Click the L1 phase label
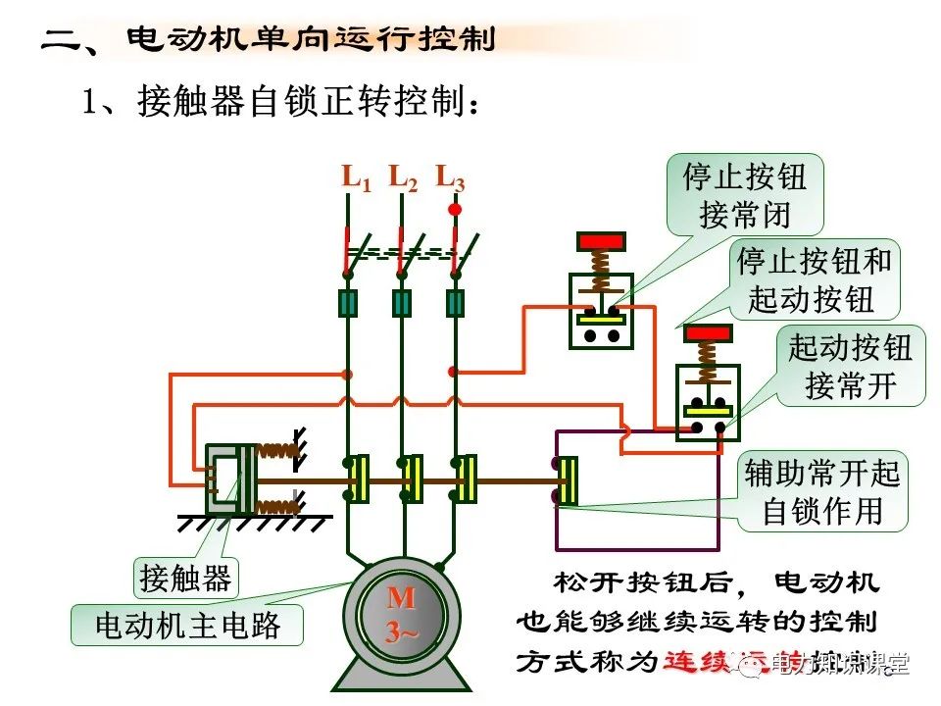click(355, 178)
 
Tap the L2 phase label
click(402, 178)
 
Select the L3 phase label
click(450, 178)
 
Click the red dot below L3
click(454, 209)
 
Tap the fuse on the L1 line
click(347, 303)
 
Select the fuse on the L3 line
click(455, 303)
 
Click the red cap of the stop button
click(601, 241)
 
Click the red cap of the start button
click(708, 333)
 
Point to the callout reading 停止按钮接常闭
click(744, 195)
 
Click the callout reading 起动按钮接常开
click(850, 366)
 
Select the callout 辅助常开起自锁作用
click(822, 491)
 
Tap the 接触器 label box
click(185, 579)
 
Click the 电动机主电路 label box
click(186, 625)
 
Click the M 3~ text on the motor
click(401, 614)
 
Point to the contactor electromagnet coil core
click(227, 479)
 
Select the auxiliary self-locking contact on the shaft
click(566, 480)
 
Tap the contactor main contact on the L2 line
click(411, 479)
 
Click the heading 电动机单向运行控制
click(311, 41)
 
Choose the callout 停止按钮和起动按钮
click(815, 280)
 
